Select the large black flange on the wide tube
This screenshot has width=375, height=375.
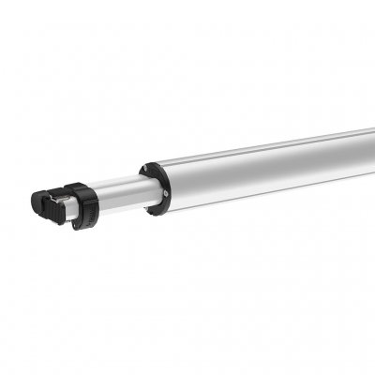tap(154, 185)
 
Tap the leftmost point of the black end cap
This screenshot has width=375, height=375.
tap(31, 201)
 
